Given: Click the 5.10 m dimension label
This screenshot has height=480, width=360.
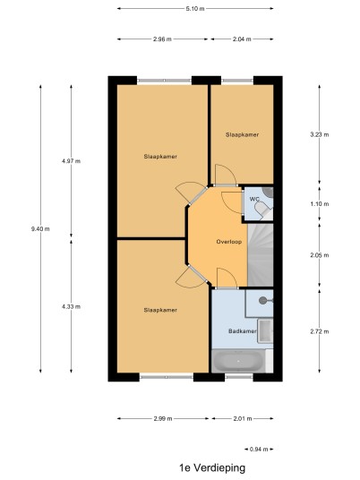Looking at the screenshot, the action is [x=195, y=9].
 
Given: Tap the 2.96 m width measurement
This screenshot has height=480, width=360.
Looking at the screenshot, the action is [x=162, y=39].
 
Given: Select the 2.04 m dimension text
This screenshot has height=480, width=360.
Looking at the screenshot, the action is [x=242, y=39].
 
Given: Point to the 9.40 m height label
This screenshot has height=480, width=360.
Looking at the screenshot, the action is [x=40, y=228].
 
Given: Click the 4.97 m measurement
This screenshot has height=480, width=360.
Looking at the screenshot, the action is [x=71, y=161].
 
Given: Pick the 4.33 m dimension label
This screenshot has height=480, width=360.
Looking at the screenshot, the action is [x=71, y=306].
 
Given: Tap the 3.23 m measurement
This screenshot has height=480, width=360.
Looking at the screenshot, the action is [x=320, y=134].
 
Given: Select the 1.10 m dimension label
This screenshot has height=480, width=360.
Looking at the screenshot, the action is [x=320, y=204].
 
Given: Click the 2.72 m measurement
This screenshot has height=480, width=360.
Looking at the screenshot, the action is [x=320, y=331].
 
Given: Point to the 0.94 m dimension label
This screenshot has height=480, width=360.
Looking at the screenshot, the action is [x=259, y=449].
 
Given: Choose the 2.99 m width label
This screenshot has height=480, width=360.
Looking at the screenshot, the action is [x=163, y=418].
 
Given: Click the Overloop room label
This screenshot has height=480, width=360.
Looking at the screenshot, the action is [x=229, y=242].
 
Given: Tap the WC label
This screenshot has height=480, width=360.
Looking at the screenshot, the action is [x=254, y=200].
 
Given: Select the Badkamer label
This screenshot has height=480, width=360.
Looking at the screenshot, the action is [x=242, y=331].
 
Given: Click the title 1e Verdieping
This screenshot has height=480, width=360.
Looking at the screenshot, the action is [x=212, y=467].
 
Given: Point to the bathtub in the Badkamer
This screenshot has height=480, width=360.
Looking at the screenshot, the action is [x=238, y=361].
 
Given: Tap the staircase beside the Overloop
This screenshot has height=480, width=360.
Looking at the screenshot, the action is [x=261, y=255].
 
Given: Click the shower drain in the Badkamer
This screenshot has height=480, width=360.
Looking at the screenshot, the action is [x=262, y=300].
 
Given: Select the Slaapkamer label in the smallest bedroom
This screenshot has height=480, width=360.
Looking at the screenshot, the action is [x=242, y=134].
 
